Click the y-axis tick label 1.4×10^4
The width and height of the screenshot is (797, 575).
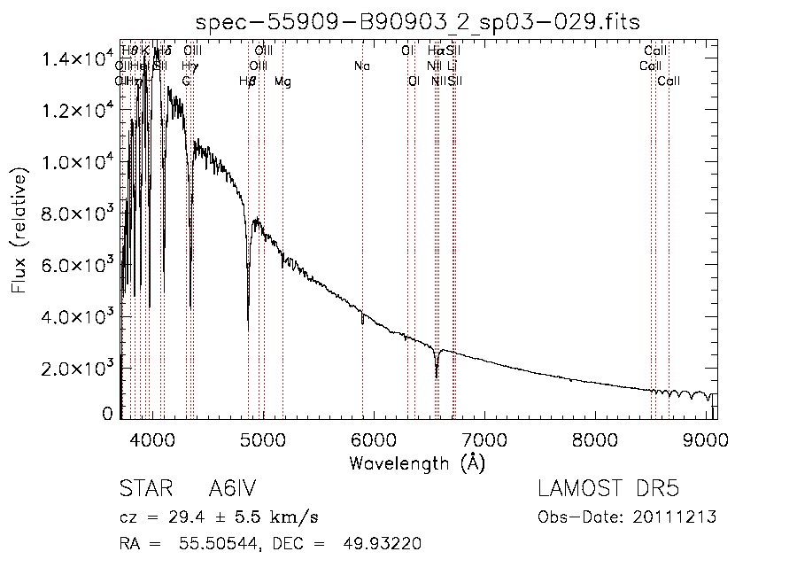[x=77, y=59]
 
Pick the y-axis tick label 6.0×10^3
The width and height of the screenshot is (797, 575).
[x=77, y=265]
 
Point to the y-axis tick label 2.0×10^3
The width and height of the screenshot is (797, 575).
[x=77, y=368]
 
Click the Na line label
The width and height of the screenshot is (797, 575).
[x=361, y=66]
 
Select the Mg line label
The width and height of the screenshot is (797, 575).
[x=282, y=82]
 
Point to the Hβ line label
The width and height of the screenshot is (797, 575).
[x=248, y=82]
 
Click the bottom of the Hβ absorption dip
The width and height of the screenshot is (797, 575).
[x=248, y=329]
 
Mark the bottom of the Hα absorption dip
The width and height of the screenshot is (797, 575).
[x=437, y=377]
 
